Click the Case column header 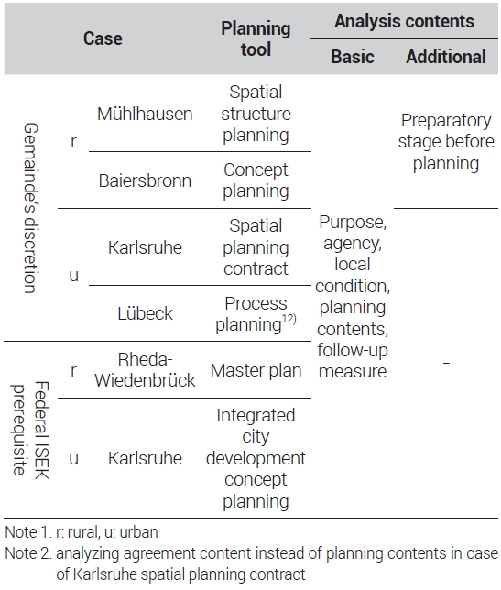pyautogui.click(x=103, y=38)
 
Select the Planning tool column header pyautogui.click(x=256, y=38)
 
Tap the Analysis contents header pyautogui.click(x=404, y=21)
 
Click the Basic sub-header pyautogui.click(x=353, y=57)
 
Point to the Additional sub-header pyautogui.click(x=446, y=57)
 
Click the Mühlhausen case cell pyautogui.click(x=145, y=114)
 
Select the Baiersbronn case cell pyautogui.click(x=145, y=180)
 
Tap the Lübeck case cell pyautogui.click(x=145, y=313)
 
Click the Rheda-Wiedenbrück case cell pyautogui.click(x=145, y=370)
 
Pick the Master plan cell pyautogui.click(x=256, y=371)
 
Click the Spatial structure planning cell pyautogui.click(x=256, y=114)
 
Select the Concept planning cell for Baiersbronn pyautogui.click(x=256, y=180)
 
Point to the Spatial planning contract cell pyautogui.click(x=256, y=247)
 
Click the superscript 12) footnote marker pyautogui.click(x=289, y=319)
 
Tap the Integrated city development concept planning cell pyautogui.click(x=256, y=458)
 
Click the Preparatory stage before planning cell pyautogui.click(x=446, y=142)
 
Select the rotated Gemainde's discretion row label pyautogui.click(x=30, y=208)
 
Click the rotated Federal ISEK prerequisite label pyautogui.click(x=30, y=430)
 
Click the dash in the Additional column pyautogui.click(x=446, y=363)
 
